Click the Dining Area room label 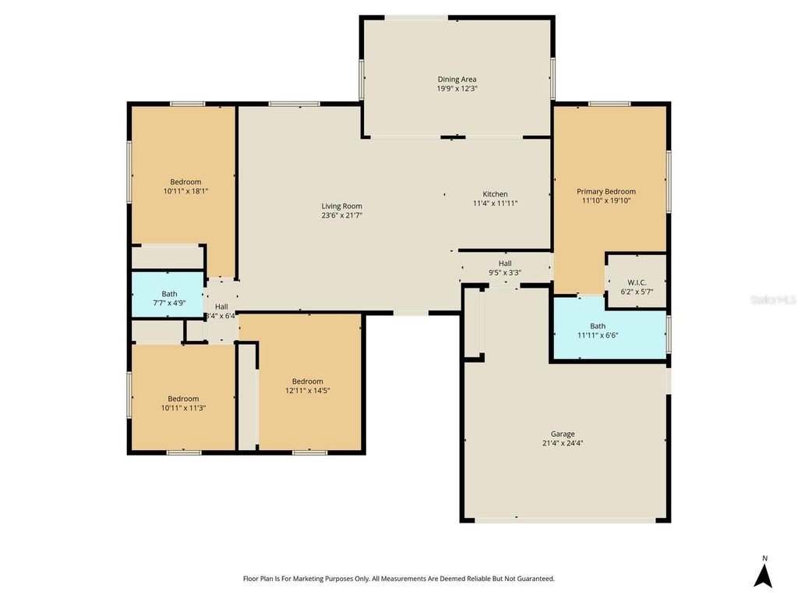tap(457, 79)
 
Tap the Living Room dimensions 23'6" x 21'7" tap(341, 215)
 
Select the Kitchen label tap(495, 194)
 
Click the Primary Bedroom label tap(606, 191)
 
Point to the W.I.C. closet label tap(637, 282)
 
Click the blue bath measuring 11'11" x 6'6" tap(598, 331)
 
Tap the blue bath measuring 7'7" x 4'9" tap(169, 299)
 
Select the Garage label tap(563, 434)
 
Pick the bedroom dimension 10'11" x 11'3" tap(183, 408)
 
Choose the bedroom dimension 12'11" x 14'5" tap(307, 391)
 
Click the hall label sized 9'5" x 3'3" tap(505, 273)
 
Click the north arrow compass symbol tap(764, 576)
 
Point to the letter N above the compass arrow tap(764, 558)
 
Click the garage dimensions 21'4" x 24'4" tap(563, 443)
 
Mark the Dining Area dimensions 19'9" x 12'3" tap(457, 89)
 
